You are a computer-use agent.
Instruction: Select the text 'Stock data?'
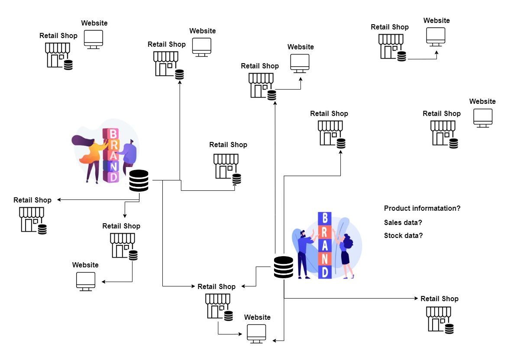click(403, 236)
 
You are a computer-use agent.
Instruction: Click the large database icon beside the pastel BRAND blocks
click(139, 181)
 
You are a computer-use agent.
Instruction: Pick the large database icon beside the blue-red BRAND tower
click(284, 267)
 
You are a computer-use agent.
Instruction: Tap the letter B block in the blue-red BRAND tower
click(325, 219)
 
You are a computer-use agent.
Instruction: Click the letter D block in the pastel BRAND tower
click(113, 177)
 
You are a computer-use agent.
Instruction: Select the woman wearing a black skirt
click(346, 255)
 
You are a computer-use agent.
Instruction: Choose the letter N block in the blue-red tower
click(325, 258)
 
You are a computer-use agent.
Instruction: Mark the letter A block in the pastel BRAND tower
click(113, 155)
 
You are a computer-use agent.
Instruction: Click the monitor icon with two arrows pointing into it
click(256, 334)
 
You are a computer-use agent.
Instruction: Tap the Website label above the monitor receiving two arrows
click(257, 317)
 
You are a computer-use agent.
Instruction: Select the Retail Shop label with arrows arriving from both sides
click(216, 286)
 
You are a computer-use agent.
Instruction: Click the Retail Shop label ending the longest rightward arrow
click(439, 299)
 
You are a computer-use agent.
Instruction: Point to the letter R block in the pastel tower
click(113, 145)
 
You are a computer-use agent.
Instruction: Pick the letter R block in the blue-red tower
click(325, 232)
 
